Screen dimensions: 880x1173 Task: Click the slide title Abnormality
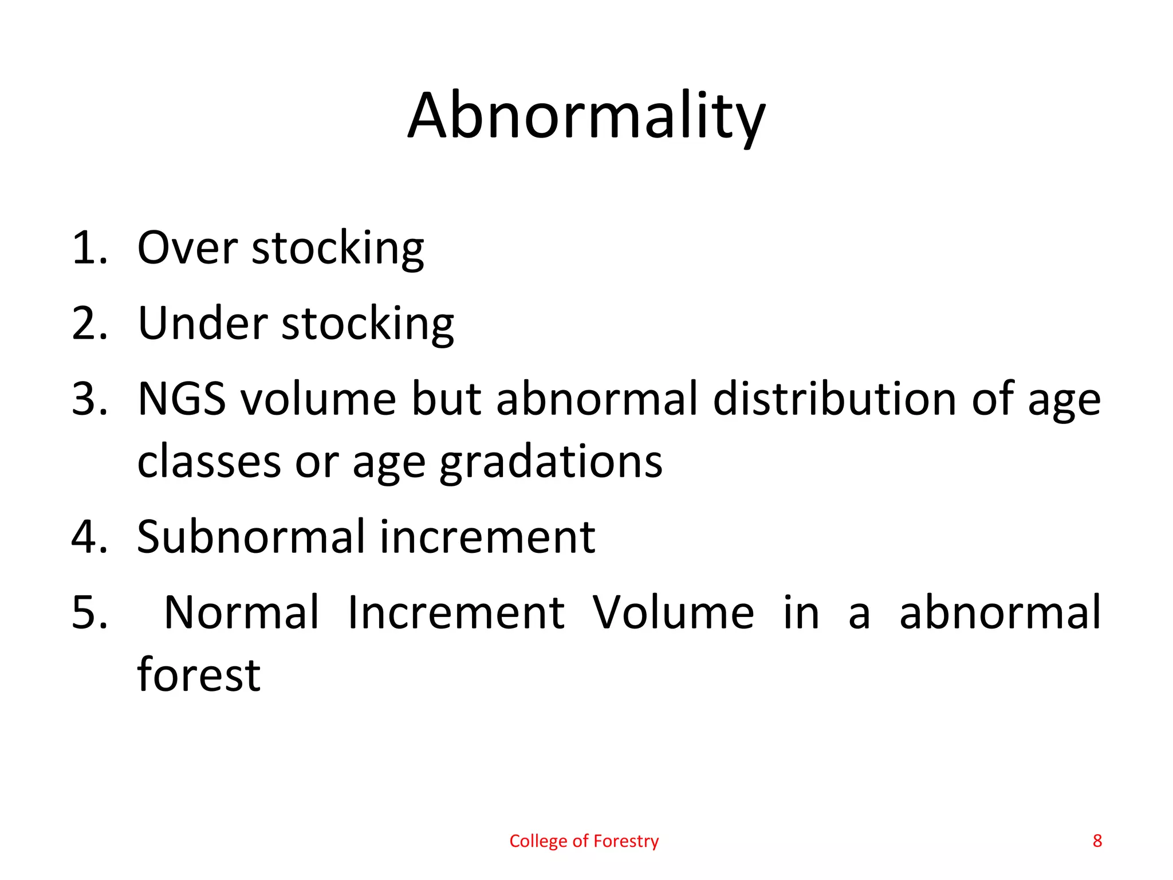[586, 116]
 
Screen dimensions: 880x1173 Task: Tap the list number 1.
[89, 247]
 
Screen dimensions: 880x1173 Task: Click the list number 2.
[89, 323]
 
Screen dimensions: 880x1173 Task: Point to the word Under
[203, 323]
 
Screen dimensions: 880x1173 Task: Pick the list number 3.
[89, 399]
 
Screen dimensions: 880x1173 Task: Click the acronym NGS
[182, 399]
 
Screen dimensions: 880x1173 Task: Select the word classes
[209, 462]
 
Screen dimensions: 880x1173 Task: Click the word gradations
[550, 462]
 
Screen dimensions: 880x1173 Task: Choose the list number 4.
[89, 537]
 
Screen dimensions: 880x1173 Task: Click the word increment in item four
[487, 537]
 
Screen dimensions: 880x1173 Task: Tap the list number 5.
[89, 613]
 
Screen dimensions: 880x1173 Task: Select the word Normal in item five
[241, 613]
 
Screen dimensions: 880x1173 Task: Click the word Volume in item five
[673, 613]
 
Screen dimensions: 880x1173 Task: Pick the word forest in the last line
[199, 675]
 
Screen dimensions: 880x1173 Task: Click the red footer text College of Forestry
[584, 841]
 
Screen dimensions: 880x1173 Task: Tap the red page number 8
[1097, 841]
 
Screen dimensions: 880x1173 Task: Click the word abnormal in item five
[1000, 613]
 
